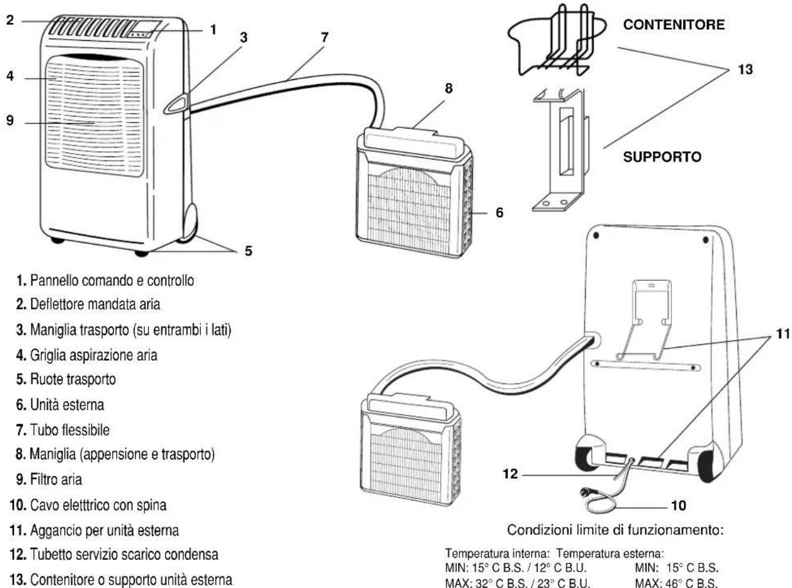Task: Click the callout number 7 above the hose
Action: point(324,38)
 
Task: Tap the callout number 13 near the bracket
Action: point(745,69)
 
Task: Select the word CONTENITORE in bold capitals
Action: point(674,24)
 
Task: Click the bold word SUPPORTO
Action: point(662,157)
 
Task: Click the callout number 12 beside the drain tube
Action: point(510,474)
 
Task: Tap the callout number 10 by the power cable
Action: point(678,505)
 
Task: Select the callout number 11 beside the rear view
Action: point(782,334)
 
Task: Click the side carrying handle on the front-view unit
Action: point(177,104)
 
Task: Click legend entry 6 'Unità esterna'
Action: point(60,405)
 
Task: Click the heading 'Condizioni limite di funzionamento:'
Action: point(615,530)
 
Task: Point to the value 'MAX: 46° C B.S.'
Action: point(676,583)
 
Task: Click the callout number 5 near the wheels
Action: point(248,251)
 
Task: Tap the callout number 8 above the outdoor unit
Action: point(449,88)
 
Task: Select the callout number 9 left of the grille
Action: point(10,120)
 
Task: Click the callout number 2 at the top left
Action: point(10,20)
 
